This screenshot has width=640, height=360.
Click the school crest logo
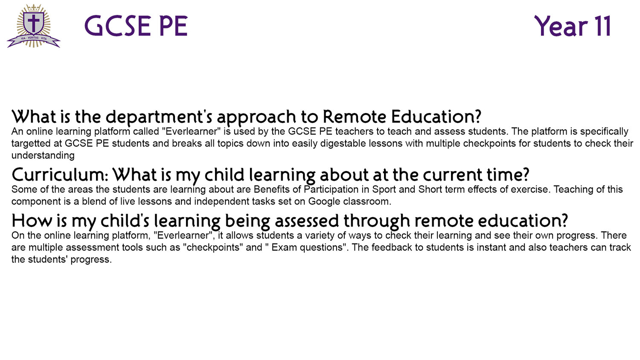tap(34, 26)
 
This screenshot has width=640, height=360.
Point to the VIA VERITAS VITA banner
tap(34, 41)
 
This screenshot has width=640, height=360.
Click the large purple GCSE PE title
tap(136, 26)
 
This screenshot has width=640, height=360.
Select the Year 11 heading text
tap(573, 26)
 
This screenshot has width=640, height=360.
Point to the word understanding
tap(43, 156)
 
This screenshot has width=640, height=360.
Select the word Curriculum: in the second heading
tap(60, 175)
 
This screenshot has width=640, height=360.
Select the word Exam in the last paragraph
tap(282, 247)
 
